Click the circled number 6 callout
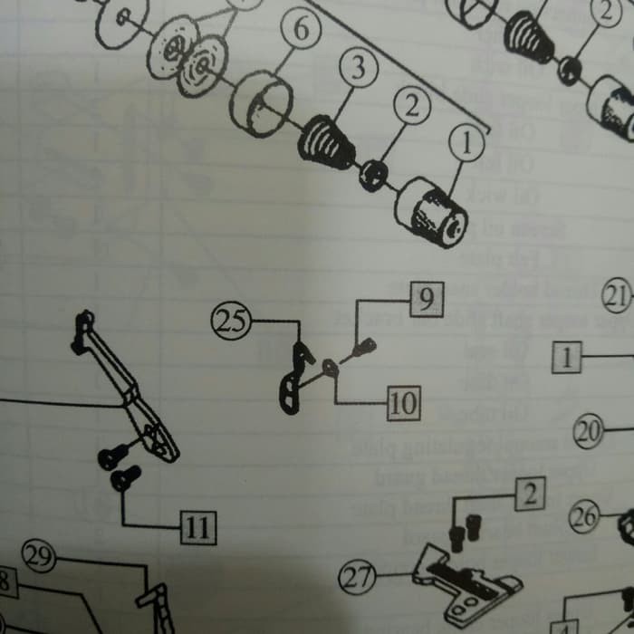pyautogui.click(x=301, y=30)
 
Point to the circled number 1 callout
pyautogui.click(x=467, y=142)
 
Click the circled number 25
pyautogui.click(x=231, y=322)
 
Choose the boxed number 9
pyautogui.click(x=427, y=299)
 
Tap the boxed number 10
pyautogui.click(x=403, y=404)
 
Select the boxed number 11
pyautogui.click(x=198, y=525)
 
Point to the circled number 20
pyautogui.click(x=590, y=432)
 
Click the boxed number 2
pyautogui.click(x=529, y=494)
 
